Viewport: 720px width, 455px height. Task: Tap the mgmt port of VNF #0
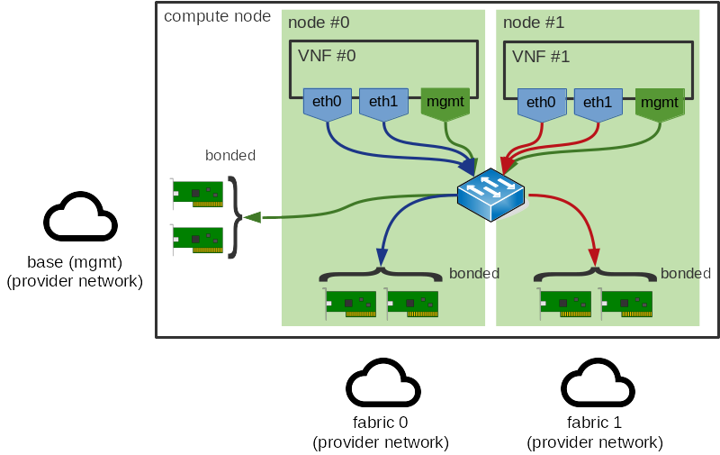[445, 103]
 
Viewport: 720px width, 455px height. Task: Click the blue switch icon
[490, 195]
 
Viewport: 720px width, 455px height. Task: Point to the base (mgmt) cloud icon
[80, 218]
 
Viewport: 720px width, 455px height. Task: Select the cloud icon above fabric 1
[598, 386]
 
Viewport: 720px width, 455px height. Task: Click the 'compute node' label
[217, 16]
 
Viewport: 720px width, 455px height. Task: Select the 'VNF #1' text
[541, 56]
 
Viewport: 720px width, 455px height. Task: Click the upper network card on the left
[197, 192]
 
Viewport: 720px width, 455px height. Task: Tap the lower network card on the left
[197, 239]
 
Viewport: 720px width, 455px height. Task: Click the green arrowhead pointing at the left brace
[253, 216]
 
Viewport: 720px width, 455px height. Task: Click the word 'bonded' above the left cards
[230, 156]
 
